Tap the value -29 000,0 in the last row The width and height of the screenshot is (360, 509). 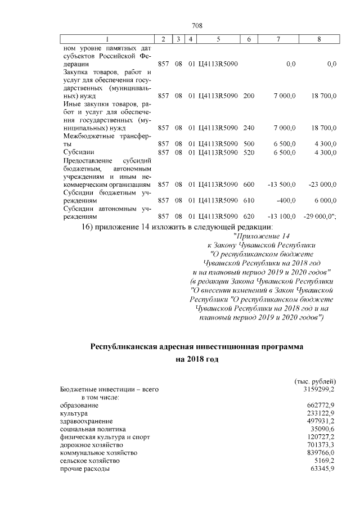click(319, 216)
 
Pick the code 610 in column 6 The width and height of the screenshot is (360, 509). click(249, 200)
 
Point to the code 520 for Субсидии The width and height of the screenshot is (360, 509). click(249, 152)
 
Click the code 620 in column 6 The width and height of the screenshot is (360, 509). click(249, 216)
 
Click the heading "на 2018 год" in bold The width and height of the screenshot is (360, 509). click(197, 358)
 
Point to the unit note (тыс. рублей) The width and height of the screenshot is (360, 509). click(315, 381)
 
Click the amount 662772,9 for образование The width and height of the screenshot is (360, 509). click(318, 405)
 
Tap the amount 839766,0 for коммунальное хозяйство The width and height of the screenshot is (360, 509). click(318, 452)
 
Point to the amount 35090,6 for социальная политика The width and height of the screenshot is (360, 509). click(320, 429)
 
